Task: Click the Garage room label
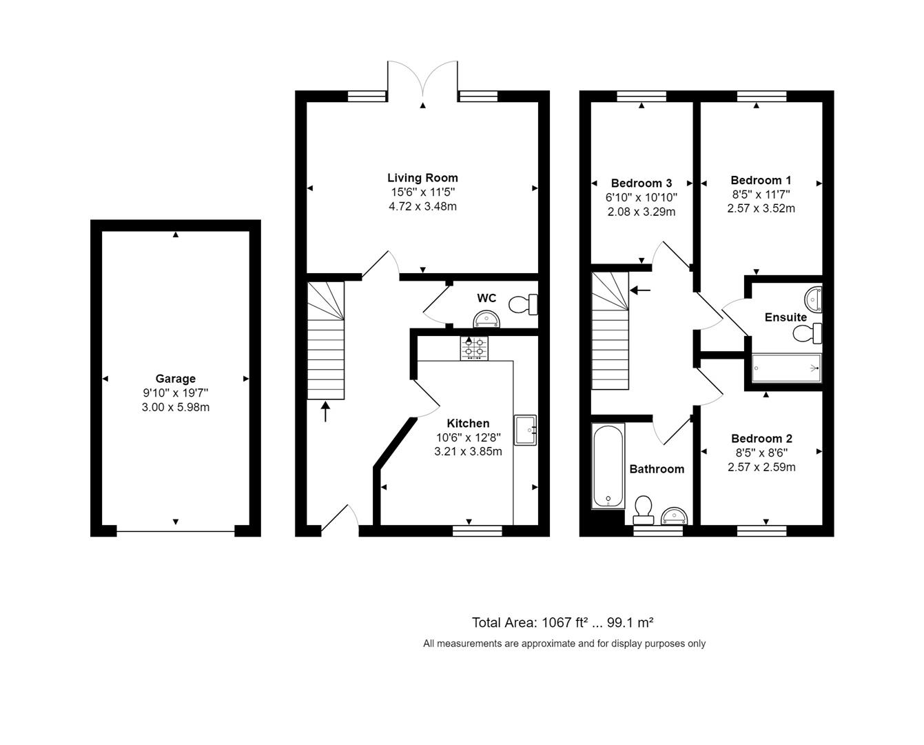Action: [175, 379]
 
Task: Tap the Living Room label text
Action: [422, 178]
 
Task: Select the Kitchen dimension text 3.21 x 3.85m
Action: [468, 452]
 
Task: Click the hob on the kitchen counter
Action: [474, 348]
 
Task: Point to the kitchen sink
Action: [525, 430]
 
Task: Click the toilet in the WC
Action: [524, 304]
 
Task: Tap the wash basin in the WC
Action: [487, 319]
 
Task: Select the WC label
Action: [486, 298]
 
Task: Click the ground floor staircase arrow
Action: [325, 412]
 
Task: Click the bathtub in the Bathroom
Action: [608, 466]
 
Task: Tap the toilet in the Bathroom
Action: [644, 507]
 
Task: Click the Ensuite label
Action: [786, 317]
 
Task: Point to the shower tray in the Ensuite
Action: [786, 368]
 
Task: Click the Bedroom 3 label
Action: [641, 183]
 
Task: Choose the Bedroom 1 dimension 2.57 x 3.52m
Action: [761, 208]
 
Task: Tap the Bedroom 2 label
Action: [761, 439]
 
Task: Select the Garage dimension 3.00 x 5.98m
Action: [175, 407]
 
